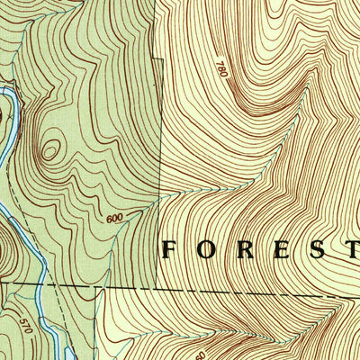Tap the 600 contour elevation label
(x=114, y=218)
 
